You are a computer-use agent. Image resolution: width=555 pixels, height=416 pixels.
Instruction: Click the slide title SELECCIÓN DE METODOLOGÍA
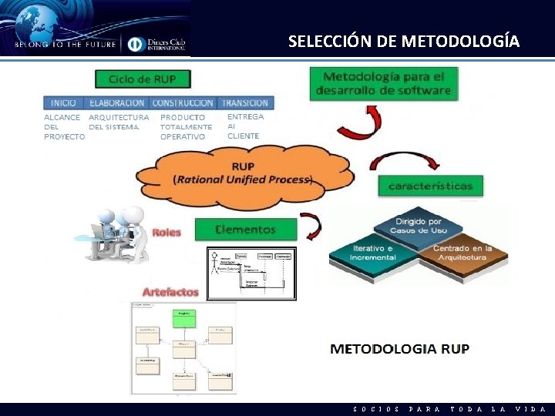[x=404, y=41]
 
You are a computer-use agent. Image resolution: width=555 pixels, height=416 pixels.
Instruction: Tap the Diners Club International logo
[x=156, y=43]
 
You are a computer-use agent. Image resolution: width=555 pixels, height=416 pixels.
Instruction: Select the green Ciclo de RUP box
[x=142, y=79]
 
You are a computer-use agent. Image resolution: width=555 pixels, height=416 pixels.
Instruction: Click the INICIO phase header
[x=64, y=102]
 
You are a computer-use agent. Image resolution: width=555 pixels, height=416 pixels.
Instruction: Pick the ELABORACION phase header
[x=116, y=102]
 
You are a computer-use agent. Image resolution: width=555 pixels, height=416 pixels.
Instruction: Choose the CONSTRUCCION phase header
[x=183, y=102]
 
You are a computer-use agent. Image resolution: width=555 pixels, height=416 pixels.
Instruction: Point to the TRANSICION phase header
[x=244, y=102]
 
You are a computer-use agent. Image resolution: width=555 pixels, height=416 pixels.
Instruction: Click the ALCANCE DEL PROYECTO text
[x=63, y=127]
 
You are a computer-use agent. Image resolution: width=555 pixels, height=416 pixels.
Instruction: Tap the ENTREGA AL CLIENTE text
[x=245, y=126]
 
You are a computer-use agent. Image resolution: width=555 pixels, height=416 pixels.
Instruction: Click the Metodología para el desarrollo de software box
[x=383, y=83]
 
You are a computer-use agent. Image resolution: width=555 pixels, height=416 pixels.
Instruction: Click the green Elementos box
[x=245, y=229]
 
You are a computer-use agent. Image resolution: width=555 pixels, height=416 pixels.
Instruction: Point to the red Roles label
[x=166, y=232]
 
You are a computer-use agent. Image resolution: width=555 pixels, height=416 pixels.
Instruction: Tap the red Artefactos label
[x=170, y=292]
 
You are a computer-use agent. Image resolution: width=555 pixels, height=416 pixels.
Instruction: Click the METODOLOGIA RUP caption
[x=399, y=348]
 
